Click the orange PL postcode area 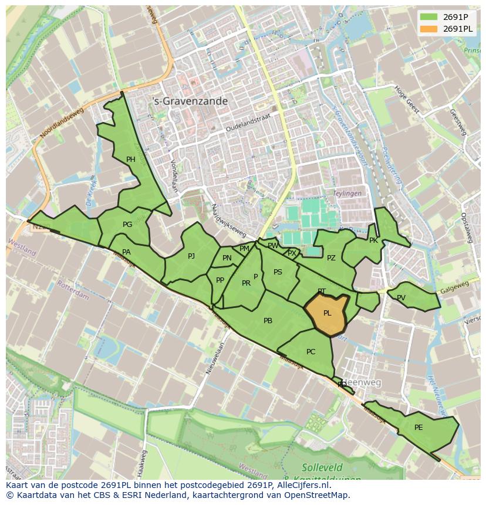click(x=326, y=314)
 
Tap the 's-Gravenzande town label click(x=190, y=101)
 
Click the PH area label click(x=130, y=159)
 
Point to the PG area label click(x=127, y=224)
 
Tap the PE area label click(x=419, y=428)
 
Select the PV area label click(x=401, y=297)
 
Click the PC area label click(x=311, y=352)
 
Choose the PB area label click(x=268, y=321)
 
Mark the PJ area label click(x=191, y=256)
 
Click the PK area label click(x=373, y=240)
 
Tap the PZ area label click(x=331, y=258)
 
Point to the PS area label click(x=278, y=272)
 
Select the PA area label click(x=126, y=252)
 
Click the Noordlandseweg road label click(x=62, y=123)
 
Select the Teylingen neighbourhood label click(x=347, y=193)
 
